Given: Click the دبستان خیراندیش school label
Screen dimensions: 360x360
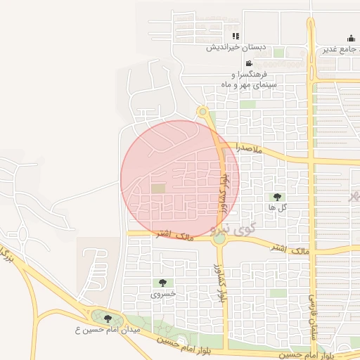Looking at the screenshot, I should point(236,48).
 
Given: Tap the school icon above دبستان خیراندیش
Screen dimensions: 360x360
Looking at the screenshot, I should point(236,36).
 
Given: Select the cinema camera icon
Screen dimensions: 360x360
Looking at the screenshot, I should point(249,63).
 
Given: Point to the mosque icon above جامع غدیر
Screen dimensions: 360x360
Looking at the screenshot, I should point(351,39).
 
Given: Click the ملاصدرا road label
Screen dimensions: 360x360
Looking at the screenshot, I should point(250,149).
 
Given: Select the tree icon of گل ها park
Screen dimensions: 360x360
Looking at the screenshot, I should point(276,196).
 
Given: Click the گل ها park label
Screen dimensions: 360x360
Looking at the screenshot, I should point(276,207).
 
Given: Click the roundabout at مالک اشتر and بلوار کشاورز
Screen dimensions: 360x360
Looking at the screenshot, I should point(220,238).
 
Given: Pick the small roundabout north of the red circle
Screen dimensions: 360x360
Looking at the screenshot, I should point(202,111).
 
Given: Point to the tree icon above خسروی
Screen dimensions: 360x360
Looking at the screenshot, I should point(163,283).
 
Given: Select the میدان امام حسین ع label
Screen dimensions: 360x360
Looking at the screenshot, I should point(109,329).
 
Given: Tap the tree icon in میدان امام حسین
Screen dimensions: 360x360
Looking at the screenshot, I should point(108,318).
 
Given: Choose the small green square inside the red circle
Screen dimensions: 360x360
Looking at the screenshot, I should point(158,188).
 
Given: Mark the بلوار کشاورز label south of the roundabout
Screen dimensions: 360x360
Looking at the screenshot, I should point(221,285).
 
